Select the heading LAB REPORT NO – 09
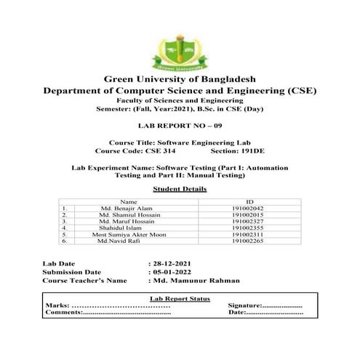pyautogui.click(x=180, y=126)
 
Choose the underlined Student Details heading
pyautogui.click(x=180, y=188)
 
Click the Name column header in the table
pyautogui.click(x=128, y=201)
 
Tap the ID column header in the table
pyautogui.click(x=249, y=201)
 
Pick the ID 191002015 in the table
pyautogui.click(x=249, y=215)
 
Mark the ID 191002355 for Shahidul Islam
pyautogui.click(x=249, y=228)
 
